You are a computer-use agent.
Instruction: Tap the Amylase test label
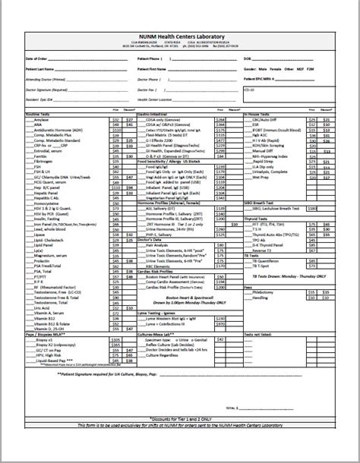pos(43,119)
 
